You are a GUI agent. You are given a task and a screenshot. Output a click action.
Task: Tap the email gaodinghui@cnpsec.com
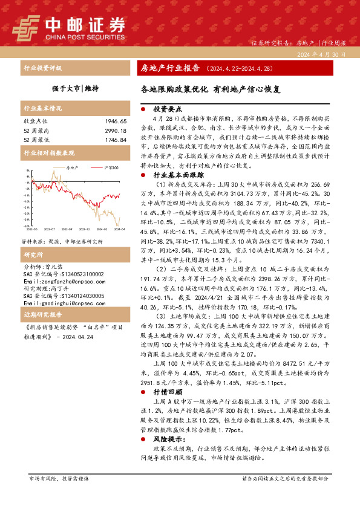(x=58, y=300)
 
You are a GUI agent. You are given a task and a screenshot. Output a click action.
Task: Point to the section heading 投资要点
(x=168, y=110)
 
